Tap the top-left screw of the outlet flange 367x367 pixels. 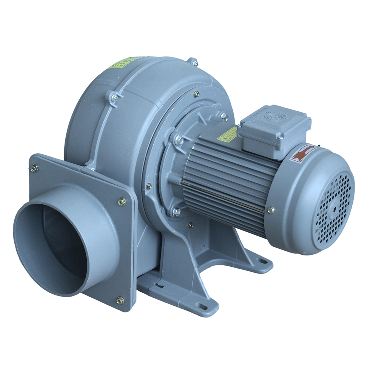coord(34,168)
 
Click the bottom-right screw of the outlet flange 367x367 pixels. coord(120,300)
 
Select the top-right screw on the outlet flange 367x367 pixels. coord(122,201)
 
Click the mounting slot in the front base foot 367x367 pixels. coord(201,305)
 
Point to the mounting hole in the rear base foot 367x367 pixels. coord(262,261)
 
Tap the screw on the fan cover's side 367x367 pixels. coord(271,210)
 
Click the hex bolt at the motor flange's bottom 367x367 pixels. coord(176,212)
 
